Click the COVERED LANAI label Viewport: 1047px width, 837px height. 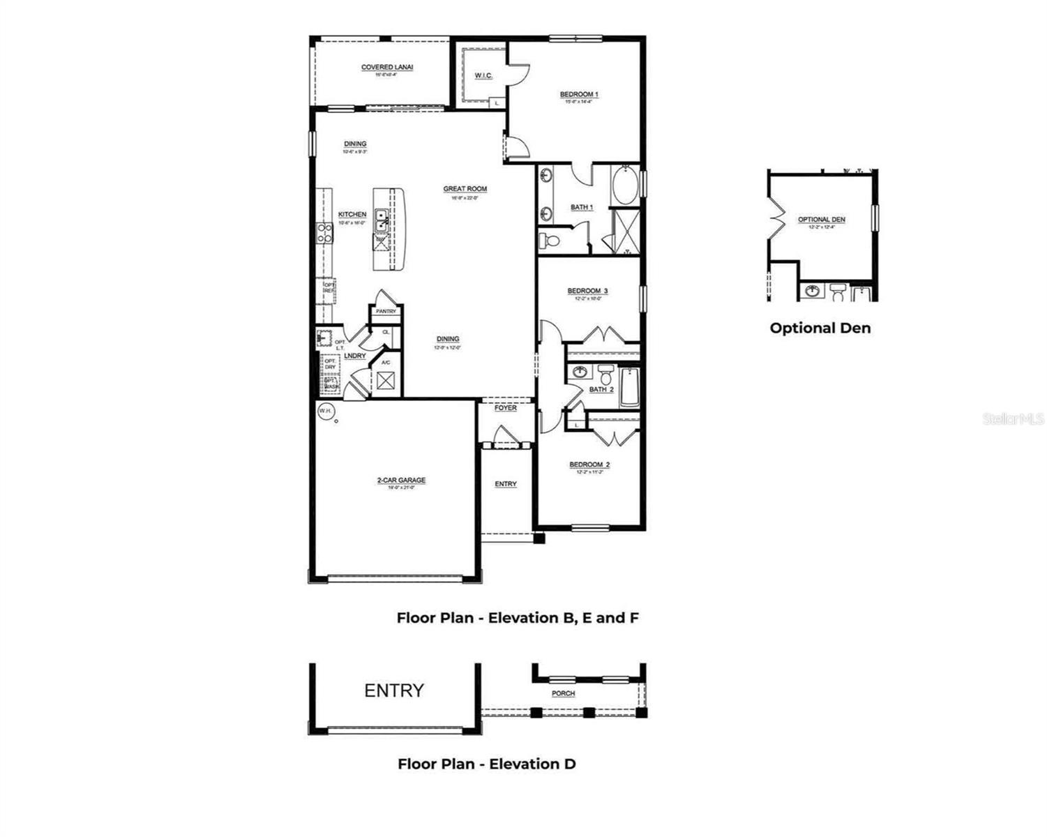click(387, 68)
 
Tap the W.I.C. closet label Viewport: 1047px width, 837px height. click(483, 75)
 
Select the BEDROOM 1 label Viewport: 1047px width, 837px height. click(579, 94)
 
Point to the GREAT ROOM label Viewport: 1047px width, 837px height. click(465, 189)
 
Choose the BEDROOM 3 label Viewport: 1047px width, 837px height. click(587, 291)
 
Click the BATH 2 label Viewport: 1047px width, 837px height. click(601, 389)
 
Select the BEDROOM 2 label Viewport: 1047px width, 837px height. click(589, 465)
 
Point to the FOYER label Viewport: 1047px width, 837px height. click(506, 408)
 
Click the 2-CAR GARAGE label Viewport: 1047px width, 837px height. click(401, 481)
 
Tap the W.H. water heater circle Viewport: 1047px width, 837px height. click(326, 412)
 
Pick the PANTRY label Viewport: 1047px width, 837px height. click(386, 312)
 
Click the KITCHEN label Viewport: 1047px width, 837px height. click(352, 215)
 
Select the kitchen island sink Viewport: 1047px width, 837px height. click(382, 221)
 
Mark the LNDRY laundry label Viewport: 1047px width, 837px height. click(355, 356)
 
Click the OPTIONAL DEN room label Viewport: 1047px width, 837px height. click(821, 220)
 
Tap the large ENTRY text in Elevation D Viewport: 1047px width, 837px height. click(394, 691)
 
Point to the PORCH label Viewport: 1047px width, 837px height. click(563, 693)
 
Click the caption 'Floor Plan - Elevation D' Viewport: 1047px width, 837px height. click(487, 764)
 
